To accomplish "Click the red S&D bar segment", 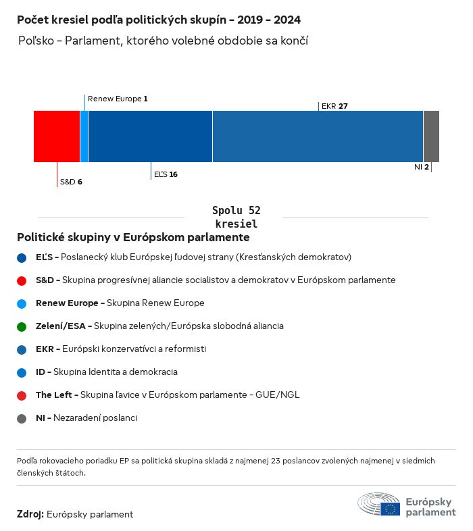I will [57, 136].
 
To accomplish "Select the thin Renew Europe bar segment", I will [84, 136].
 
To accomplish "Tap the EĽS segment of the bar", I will [150, 136].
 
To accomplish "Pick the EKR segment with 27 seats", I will [318, 136].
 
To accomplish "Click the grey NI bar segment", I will [431, 136].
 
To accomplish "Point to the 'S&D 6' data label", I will [71, 182].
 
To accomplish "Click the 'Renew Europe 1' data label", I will [118, 99].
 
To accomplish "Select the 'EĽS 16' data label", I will [166, 174].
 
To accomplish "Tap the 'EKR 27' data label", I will [334, 106].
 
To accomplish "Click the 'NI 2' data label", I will [422, 167].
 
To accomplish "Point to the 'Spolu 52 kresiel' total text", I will [236, 217].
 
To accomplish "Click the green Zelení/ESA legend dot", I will [22, 326].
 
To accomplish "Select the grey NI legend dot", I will [22, 418].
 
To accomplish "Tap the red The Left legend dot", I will [22, 395].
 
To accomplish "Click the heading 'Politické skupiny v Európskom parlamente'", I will [133, 238].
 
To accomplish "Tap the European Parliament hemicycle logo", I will [378, 505].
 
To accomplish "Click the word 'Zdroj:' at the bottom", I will [30, 514].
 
